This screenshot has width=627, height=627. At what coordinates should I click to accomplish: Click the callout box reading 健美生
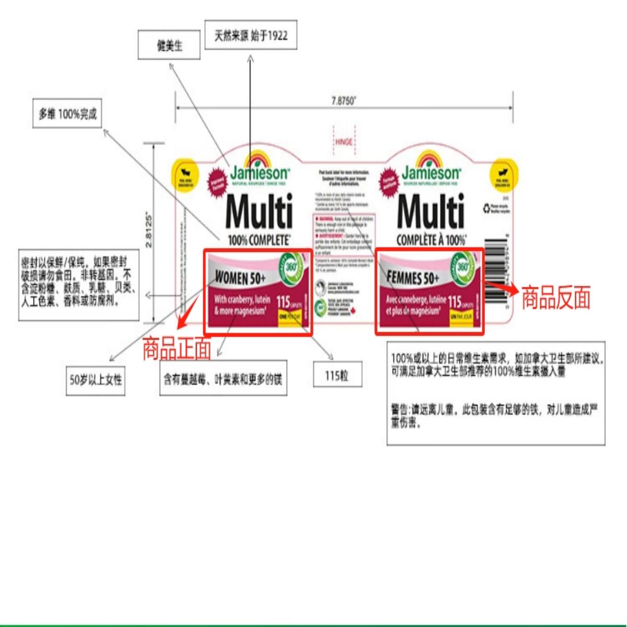tap(169, 46)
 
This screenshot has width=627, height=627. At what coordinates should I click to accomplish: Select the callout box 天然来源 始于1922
tap(251, 36)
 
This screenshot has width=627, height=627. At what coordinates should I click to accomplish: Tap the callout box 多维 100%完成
tap(67, 114)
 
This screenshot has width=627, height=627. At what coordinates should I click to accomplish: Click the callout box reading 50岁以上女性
tap(96, 379)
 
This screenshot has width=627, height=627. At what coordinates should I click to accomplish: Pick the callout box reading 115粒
tap(336, 375)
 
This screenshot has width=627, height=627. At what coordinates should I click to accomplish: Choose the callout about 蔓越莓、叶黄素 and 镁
tap(223, 379)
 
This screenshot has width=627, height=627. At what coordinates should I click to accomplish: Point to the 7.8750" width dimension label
tap(343, 101)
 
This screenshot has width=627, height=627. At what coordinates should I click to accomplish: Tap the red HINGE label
tap(344, 142)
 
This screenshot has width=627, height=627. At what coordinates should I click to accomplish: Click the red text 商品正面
tap(177, 349)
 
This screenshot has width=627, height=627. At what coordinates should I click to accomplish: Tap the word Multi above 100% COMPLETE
tap(259, 212)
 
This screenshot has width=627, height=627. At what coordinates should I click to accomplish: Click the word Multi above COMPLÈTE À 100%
tap(431, 212)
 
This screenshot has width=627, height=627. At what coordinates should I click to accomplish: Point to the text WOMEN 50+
tap(240, 278)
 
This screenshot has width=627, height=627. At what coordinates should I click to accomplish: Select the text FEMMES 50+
tap(412, 277)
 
